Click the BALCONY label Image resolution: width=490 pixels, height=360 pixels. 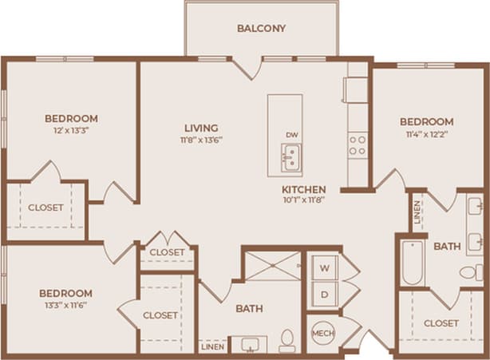click(261, 29)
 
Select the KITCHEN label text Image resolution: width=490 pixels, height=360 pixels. click(303, 189)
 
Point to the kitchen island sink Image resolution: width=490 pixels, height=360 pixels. click(290, 157)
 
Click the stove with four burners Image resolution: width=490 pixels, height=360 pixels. click(357, 144)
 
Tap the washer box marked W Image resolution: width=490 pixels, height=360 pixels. click(324, 267)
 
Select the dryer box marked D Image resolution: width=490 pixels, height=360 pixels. click(324, 293)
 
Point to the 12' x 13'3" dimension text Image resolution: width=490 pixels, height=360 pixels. click(71, 132)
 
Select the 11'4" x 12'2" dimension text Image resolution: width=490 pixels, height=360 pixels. click(426, 135)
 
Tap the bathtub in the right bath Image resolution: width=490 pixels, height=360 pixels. click(412, 262)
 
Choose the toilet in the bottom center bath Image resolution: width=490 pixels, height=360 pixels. click(286, 342)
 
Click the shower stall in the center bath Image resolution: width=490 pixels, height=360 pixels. click(272, 265)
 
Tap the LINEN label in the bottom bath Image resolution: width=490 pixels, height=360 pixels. click(212, 347)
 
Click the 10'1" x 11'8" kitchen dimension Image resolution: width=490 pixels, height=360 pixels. click(303, 200)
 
